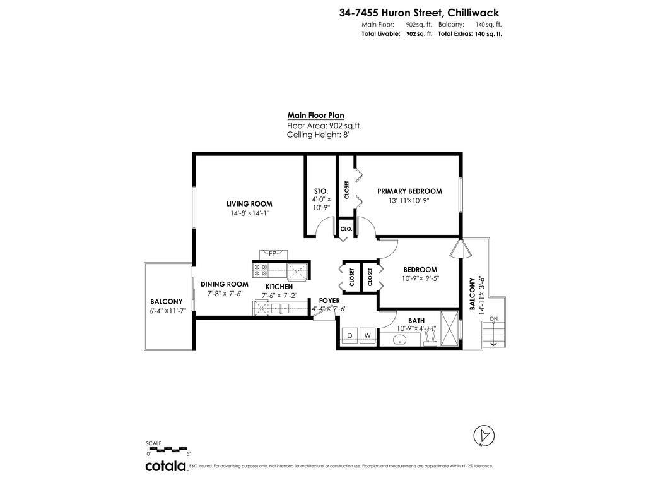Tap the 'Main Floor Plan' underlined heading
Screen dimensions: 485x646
tap(315, 116)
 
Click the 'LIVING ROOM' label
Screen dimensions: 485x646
tap(249, 204)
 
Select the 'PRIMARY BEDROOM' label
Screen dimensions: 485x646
tap(409, 191)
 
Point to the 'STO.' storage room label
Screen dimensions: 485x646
tap(320, 191)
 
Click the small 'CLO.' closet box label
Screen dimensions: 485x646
tap(346, 229)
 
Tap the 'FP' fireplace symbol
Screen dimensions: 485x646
tap(273, 253)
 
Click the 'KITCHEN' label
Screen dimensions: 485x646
tap(279, 287)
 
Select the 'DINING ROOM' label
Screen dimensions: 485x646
tap(224, 285)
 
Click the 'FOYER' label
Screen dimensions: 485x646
tap(329, 301)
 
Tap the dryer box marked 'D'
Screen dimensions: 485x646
tap(349, 335)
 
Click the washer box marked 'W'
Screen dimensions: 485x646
tap(367, 335)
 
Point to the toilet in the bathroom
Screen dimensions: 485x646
tap(430, 338)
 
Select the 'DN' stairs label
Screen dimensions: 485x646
tap(494, 320)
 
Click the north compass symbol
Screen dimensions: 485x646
tap(484, 435)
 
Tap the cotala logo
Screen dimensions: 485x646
tap(166, 466)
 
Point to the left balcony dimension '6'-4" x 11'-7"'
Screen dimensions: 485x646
tap(167, 311)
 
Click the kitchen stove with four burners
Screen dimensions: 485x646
tap(261, 270)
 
